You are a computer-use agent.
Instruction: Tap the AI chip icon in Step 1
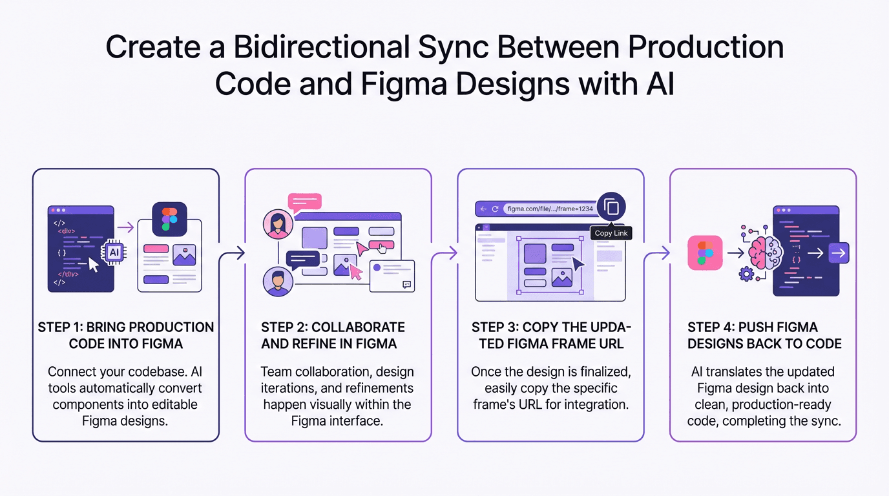(114, 253)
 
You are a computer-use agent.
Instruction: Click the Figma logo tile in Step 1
(169, 220)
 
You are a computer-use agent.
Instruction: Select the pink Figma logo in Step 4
(705, 253)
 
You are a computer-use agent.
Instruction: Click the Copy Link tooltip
(611, 233)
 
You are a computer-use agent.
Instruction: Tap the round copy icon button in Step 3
(611, 207)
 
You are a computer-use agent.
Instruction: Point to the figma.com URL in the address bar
(550, 209)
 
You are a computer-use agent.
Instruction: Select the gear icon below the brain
(746, 274)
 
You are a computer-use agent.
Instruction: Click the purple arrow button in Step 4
(839, 253)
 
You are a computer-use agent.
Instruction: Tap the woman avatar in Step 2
(278, 224)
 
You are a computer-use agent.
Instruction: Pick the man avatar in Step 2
(278, 282)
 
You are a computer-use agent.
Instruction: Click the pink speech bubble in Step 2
(304, 202)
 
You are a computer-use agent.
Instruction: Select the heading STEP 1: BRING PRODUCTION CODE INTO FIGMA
(126, 335)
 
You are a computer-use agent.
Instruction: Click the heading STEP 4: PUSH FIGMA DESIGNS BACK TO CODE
(764, 335)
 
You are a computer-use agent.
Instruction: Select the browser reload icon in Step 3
(496, 209)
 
